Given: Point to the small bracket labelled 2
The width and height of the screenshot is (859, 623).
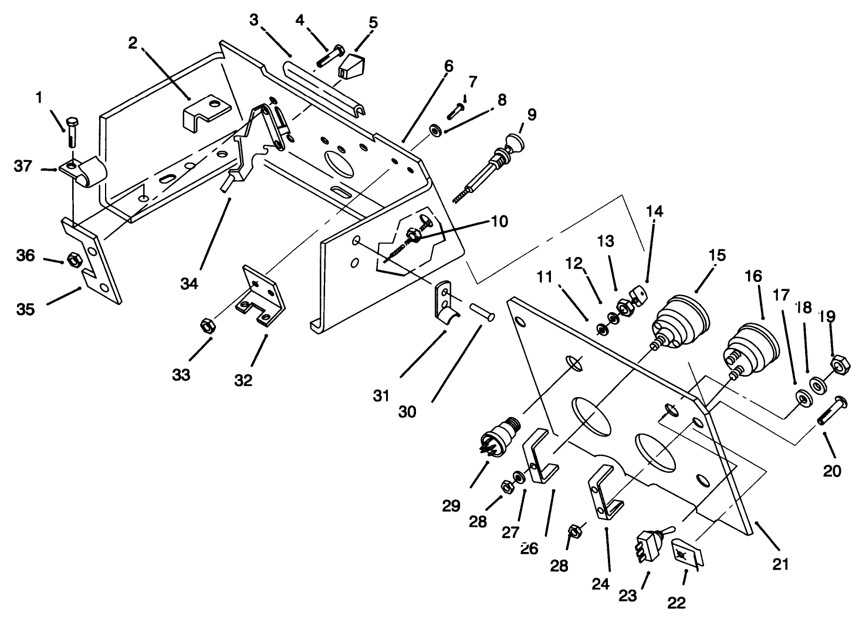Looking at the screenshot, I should click(x=205, y=111).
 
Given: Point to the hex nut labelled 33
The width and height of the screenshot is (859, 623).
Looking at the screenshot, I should click(x=207, y=324).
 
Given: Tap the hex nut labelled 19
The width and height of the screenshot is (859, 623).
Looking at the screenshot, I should click(x=838, y=365).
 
